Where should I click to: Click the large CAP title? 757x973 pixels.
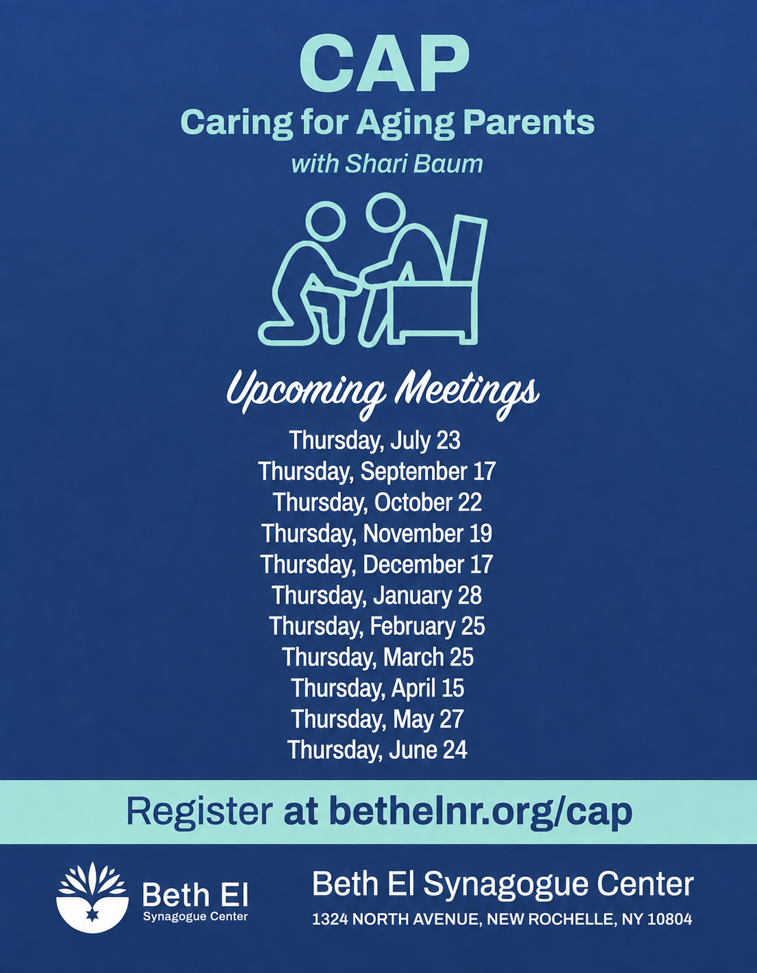385,66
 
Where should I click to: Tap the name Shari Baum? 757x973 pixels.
414,164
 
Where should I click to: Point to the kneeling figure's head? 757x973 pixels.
327,221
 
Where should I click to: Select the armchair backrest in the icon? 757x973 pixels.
467,250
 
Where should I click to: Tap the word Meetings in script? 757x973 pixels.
467,393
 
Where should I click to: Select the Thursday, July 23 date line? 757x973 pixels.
374,440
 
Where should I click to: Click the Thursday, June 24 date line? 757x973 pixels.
377,750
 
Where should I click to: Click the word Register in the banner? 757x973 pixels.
199,812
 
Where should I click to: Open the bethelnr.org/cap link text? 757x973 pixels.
480,812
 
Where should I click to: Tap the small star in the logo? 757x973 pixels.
92,916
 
